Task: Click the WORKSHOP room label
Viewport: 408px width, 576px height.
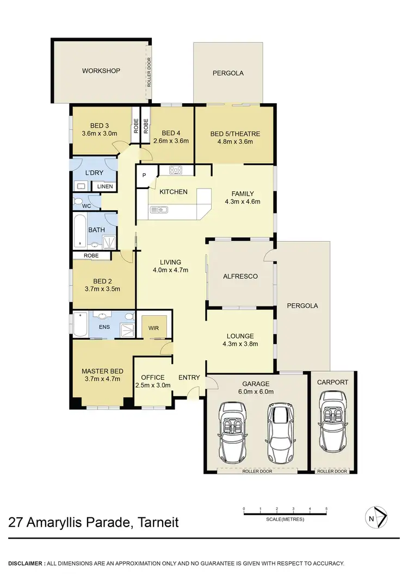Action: pos(101,71)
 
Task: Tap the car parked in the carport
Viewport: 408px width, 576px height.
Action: pos(332,421)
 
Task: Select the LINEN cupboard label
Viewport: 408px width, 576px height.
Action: pos(105,187)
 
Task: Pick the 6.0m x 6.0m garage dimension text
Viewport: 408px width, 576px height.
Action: pos(254,391)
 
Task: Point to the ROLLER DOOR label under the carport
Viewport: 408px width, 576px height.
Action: pos(332,472)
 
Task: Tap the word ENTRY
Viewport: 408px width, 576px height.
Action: pos(189,378)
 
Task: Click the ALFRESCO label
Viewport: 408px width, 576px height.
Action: pos(240,276)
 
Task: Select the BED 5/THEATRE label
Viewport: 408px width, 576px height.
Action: pos(235,134)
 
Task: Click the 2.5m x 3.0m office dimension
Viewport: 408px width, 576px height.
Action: pos(153,385)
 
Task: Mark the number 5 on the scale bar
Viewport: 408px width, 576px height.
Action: pos(326,509)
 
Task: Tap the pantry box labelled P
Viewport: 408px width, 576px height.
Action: pos(144,175)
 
